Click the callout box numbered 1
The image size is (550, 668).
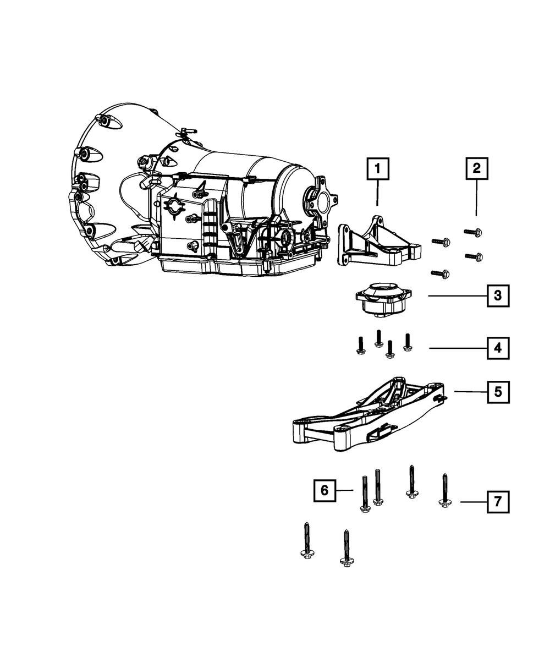(x=377, y=169)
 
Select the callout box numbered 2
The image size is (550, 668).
(x=476, y=168)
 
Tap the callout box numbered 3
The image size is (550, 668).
(x=497, y=296)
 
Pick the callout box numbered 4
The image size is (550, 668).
(x=497, y=348)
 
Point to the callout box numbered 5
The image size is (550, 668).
(x=497, y=392)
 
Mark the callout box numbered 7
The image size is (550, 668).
(x=497, y=502)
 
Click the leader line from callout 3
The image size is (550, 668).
(x=457, y=296)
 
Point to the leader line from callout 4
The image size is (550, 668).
(x=457, y=348)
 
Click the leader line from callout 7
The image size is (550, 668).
(x=473, y=502)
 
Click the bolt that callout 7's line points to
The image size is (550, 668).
(x=445, y=491)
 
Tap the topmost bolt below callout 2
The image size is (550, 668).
(x=473, y=232)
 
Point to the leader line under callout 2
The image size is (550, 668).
(x=476, y=198)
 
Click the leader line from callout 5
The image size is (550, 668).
(x=470, y=392)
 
